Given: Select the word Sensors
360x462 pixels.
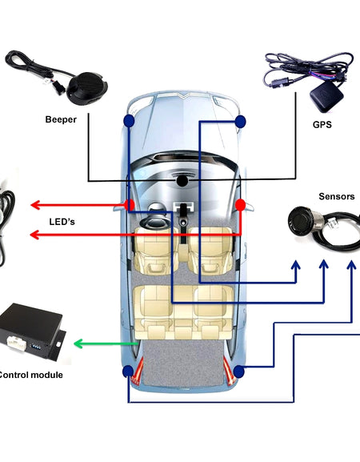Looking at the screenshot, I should point(336,196).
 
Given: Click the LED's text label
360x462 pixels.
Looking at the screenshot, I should point(62,220).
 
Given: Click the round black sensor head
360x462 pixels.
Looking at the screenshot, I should point(301,217).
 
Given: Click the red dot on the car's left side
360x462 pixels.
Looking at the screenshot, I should point(129,205).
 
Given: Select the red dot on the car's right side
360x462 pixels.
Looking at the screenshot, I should point(240,205).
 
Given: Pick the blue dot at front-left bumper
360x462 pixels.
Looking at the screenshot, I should point(129,120).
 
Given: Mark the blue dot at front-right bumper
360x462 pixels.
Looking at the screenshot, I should point(240,120).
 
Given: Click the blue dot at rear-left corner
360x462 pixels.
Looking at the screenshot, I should point(128,371).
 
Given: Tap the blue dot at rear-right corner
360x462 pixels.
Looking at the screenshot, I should point(238,371).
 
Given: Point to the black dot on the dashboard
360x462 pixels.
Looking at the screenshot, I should point(183,181).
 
